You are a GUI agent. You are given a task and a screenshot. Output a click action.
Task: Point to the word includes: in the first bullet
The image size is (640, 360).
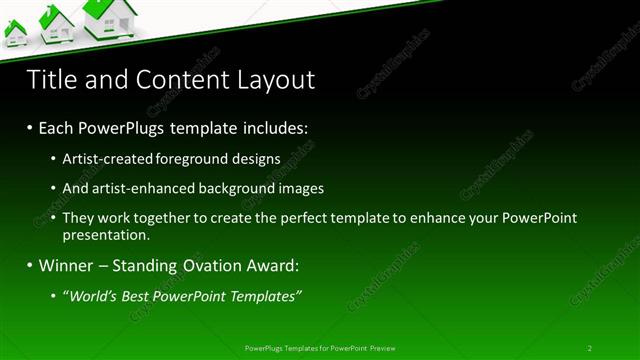click(271, 129)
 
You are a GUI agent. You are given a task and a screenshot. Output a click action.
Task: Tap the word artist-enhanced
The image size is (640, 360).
click(139, 188)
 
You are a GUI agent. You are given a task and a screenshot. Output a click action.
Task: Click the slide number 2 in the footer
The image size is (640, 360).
click(589, 348)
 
